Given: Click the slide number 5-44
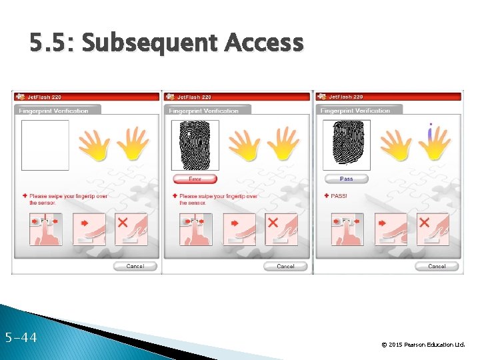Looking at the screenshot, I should point(20,338).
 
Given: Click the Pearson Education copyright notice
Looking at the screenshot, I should point(423,345).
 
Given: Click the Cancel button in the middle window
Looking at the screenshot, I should point(285,266).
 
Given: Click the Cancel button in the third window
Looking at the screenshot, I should point(437,266).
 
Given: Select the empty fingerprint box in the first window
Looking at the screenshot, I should point(45,145).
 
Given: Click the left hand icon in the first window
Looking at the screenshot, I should point(95,145).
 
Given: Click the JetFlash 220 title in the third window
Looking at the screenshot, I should point(347,97).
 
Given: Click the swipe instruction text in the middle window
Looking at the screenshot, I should point(218,199).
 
